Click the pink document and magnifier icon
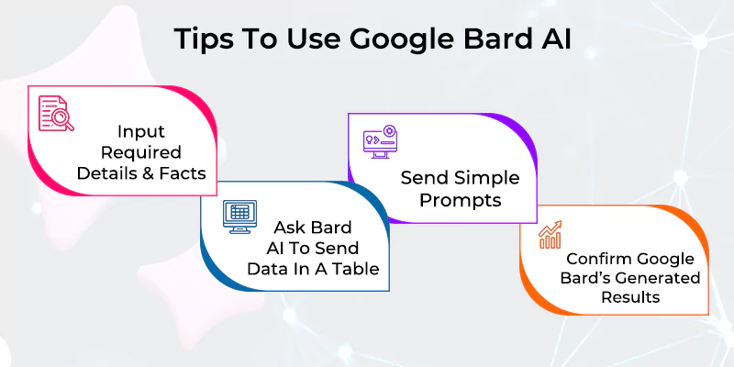click(x=55, y=114)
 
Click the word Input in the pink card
click(x=139, y=130)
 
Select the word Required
click(x=140, y=151)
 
